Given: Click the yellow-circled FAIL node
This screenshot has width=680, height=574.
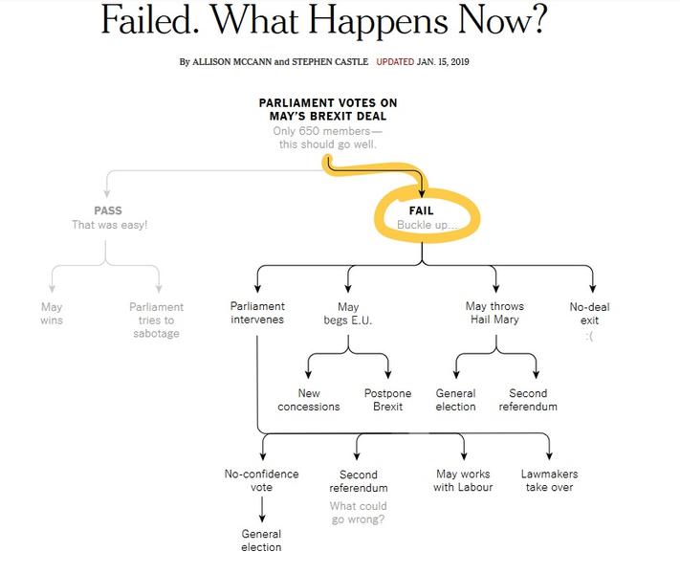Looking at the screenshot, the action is tap(421, 210).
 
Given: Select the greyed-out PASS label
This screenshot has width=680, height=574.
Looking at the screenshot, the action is tap(108, 210).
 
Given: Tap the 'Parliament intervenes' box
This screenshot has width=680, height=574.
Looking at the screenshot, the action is tap(257, 313).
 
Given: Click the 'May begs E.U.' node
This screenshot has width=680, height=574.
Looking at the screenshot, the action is tap(348, 314).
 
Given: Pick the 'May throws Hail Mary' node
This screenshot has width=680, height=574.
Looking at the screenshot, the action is tap(494, 313).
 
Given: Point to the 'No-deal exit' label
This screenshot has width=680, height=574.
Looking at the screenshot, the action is tap(589, 314).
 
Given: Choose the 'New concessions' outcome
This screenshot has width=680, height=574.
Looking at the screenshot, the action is tap(309, 400).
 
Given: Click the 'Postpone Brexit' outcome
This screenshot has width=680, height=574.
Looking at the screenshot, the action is tap(387, 400).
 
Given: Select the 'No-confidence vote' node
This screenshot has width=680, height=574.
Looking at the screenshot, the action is tap(261, 480).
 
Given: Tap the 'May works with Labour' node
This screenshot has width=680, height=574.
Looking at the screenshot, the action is tap(463, 480).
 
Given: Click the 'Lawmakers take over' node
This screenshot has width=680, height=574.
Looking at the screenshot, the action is tap(550, 480).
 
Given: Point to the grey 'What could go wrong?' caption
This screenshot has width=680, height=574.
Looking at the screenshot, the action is tap(359, 513).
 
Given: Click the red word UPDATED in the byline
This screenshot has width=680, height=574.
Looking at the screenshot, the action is tap(395, 61).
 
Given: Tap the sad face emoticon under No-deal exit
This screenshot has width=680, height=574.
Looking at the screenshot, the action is tap(589, 336).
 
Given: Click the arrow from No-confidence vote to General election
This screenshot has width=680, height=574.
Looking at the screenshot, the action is tap(262, 509).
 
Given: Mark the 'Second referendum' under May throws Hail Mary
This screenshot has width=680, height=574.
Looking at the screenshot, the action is tap(528, 400).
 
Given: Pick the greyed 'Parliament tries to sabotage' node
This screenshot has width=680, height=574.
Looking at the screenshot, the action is tap(157, 320).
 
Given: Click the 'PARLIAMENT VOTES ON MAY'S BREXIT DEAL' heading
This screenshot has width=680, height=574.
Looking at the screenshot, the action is tap(328, 109).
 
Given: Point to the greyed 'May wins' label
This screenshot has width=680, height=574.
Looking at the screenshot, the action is tap(52, 314).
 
